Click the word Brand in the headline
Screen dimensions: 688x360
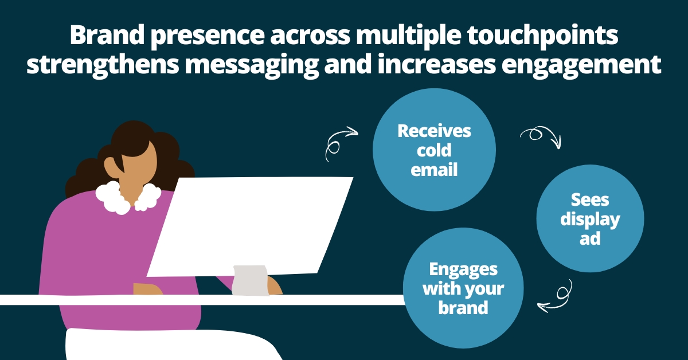click(x=107, y=35)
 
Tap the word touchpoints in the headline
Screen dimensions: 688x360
click(x=543, y=36)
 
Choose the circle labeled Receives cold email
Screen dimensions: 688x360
click(x=434, y=150)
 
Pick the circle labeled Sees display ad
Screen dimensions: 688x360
click(x=590, y=218)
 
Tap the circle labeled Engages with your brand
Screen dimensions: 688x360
click(x=463, y=288)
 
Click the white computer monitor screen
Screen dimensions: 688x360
click(x=249, y=226)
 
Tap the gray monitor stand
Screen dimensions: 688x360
click(x=250, y=280)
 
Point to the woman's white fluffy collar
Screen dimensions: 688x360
click(x=128, y=197)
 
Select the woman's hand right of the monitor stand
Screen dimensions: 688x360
click(x=275, y=285)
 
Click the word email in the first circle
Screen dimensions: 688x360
click(x=434, y=170)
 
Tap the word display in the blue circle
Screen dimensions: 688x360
click(x=590, y=220)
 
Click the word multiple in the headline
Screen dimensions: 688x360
click(x=408, y=36)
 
